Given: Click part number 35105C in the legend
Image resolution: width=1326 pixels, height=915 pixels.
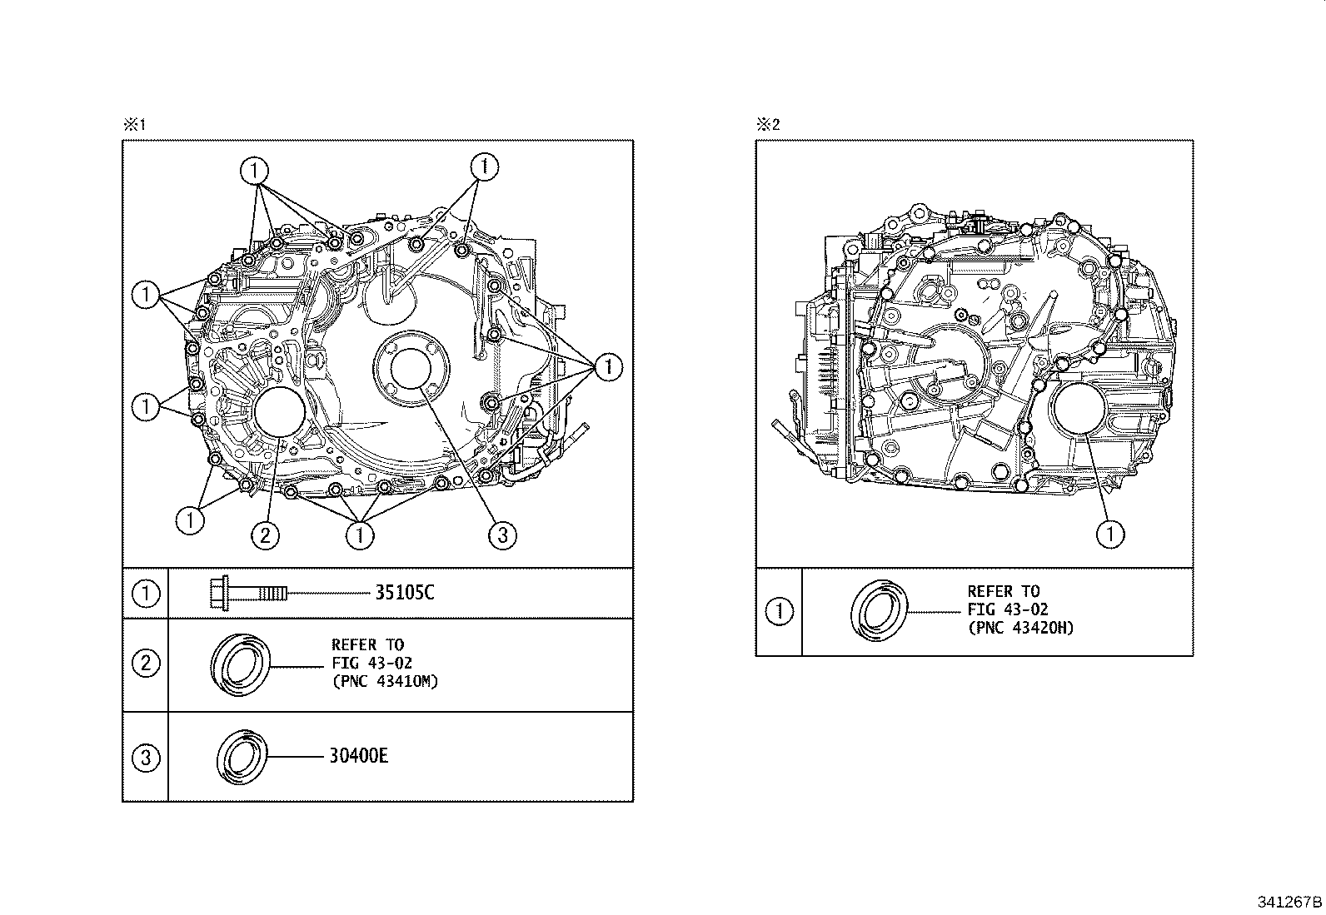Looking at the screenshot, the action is click(405, 593).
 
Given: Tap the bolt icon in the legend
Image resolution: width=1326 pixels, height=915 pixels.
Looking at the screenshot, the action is click(247, 593).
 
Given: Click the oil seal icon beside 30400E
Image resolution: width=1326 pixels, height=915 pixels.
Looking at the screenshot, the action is click(243, 757).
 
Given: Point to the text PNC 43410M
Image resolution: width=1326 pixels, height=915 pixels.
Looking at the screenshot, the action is click(385, 681).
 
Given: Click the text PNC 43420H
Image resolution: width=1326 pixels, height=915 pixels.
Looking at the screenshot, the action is click(1021, 628).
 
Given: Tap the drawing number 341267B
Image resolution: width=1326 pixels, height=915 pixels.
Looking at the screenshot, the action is click(1289, 902).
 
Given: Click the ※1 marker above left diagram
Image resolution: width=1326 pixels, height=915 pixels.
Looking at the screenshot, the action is click(134, 125).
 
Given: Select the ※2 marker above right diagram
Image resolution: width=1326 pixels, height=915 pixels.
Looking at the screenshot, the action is click(767, 125).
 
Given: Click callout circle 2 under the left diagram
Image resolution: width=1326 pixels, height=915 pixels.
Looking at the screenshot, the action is click(265, 535).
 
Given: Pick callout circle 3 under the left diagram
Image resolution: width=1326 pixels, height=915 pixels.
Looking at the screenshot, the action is click(502, 535).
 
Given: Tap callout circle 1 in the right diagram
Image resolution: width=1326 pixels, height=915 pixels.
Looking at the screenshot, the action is click(1110, 534).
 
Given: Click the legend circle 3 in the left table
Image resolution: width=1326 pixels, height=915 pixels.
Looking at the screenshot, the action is click(146, 758).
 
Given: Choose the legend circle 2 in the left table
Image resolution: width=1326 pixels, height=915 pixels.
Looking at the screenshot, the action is click(146, 664).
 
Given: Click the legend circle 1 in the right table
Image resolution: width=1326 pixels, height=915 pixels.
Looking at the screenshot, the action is click(779, 612).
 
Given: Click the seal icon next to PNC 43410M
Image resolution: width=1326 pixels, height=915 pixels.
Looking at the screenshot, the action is click(242, 664).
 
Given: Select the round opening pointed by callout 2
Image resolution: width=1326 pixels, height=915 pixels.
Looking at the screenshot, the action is click(280, 412).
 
